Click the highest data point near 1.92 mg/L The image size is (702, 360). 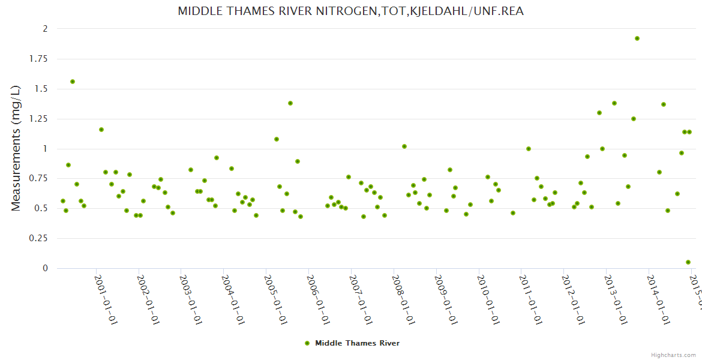tap(637, 38)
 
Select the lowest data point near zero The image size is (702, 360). tap(688, 262)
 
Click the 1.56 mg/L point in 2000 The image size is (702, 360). tap(73, 82)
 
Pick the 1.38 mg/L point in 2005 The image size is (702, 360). tap(290, 103)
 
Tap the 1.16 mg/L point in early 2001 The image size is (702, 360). tap(101, 130)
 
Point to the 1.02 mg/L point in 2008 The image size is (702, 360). tap(404, 146)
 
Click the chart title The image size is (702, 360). tap(351, 11)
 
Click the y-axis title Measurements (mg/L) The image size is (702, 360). tap(16, 148)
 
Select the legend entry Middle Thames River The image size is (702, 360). tap(357, 343)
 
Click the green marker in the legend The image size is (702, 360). tap(308, 343)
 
